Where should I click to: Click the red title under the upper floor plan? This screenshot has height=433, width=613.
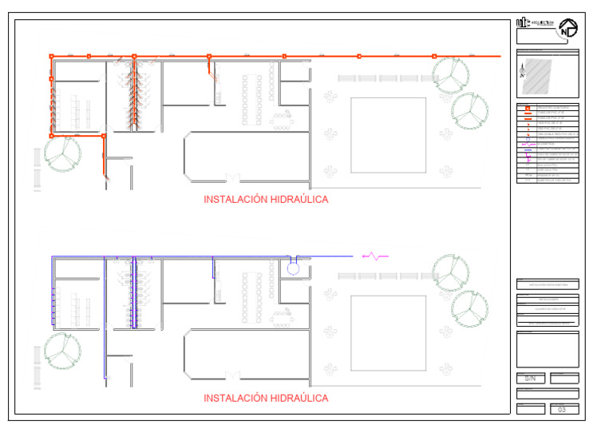coord(266,200)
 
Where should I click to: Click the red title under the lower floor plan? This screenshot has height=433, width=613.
coord(266,398)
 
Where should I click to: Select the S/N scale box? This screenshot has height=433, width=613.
coord(530,378)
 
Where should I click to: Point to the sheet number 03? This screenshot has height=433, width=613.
coord(563,410)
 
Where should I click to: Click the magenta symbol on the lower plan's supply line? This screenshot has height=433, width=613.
coord(374,256)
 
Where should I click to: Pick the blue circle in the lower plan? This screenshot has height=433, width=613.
coord(293,268)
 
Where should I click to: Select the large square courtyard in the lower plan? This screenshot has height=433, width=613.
coord(382,332)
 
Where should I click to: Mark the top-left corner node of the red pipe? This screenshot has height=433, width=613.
coord(52,57)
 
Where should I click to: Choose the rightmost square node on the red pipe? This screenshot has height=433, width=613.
coord(434,57)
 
